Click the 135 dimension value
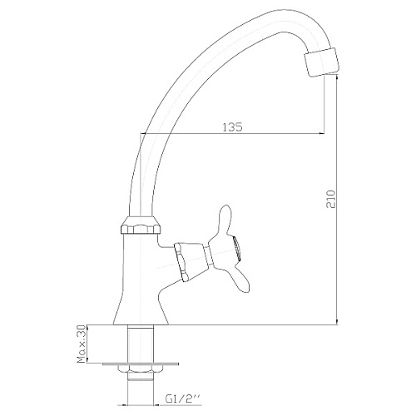[x=232, y=126]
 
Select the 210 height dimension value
[x=331, y=199]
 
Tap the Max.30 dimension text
[x=82, y=344]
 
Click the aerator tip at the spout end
[x=322, y=62]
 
